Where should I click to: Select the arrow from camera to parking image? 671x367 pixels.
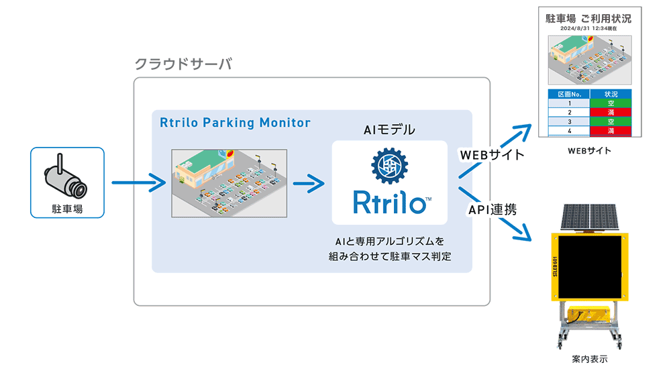pyautogui.click(x=138, y=182)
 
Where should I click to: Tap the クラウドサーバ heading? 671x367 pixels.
pyautogui.click(x=183, y=64)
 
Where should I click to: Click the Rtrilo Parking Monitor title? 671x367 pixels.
pyautogui.click(x=235, y=123)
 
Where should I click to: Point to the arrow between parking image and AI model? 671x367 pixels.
pyautogui.click(x=308, y=182)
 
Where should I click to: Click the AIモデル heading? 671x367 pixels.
pyautogui.click(x=389, y=130)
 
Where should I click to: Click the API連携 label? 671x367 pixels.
pyautogui.click(x=492, y=209)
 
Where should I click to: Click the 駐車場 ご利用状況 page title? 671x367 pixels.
pyautogui.click(x=588, y=19)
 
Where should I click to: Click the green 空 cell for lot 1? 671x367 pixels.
pyautogui.click(x=610, y=103)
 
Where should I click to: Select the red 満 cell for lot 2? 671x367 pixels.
pyautogui.click(x=610, y=113)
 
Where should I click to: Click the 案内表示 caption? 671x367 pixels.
pyautogui.click(x=590, y=359)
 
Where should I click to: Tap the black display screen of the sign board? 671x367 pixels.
pyautogui.click(x=590, y=266)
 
